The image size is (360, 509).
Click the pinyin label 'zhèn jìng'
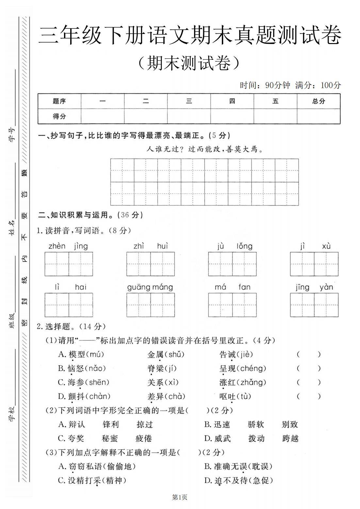coord(68,246)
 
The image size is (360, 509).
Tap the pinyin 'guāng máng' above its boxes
coord(150,287)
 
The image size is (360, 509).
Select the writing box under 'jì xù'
coord(314,264)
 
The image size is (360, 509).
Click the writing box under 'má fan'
coord(232,305)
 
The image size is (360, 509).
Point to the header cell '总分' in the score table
coord(319,101)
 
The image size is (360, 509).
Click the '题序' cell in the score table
coord(59,101)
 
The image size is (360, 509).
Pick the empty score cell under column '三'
coord(189,116)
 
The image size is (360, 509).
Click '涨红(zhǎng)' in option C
coord(243,382)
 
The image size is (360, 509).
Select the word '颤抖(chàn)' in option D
coord(84,396)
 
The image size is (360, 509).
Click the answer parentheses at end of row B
coord(309,369)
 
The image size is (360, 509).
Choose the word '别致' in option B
coord(290,424)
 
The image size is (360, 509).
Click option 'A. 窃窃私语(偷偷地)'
coord(97,467)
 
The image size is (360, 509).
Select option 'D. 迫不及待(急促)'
coord(238,480)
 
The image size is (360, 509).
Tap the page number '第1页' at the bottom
coord(180,498)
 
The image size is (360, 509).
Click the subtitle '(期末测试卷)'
coord(189,63)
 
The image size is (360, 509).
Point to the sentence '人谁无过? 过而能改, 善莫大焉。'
coord(205,150)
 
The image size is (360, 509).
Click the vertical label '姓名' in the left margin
coord(12,228)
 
